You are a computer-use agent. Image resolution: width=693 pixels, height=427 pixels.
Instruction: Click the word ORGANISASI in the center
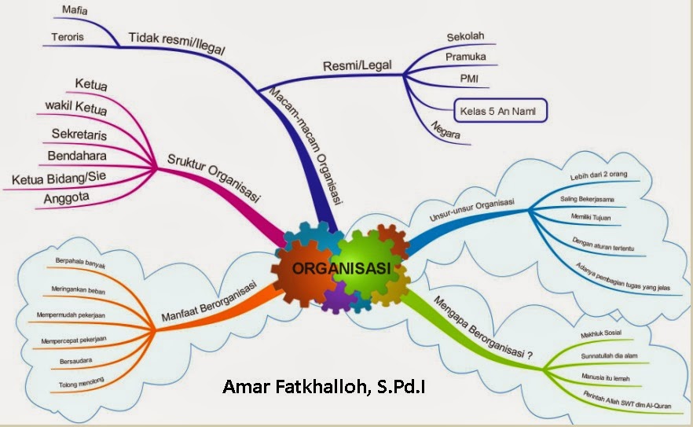[x=341, y=268]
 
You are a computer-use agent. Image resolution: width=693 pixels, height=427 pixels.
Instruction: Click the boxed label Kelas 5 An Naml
[x=500, y=110]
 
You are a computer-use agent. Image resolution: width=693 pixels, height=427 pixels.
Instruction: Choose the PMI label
[x=469, y=79]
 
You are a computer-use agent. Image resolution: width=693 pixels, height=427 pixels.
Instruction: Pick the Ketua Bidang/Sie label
[x=60, y=178]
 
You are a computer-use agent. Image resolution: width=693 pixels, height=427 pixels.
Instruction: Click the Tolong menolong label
[x=82, y=382]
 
